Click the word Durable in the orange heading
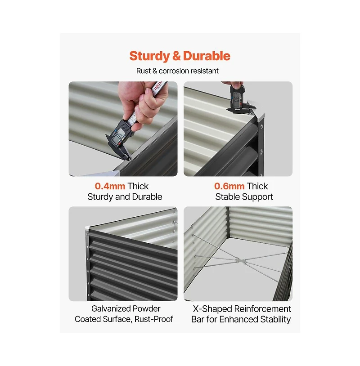207,56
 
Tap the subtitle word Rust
144,71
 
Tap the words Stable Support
244,197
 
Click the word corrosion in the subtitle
177,71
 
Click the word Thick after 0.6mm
257,186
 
